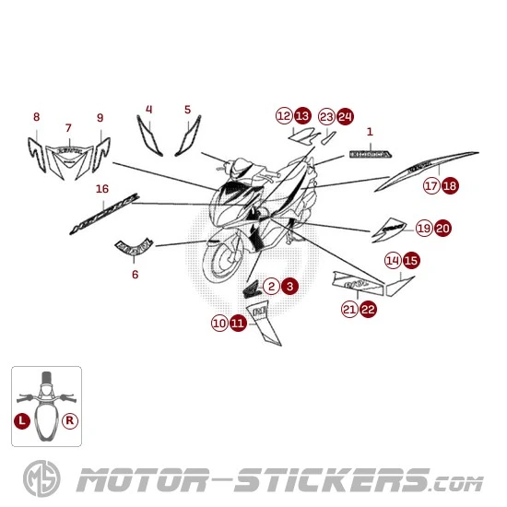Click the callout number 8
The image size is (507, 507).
(36, 117)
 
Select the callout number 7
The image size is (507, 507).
(67, 128)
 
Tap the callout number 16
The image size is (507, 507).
(102, 190)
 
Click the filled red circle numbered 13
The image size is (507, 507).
(302, 116)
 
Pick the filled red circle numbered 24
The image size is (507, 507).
(345, 116)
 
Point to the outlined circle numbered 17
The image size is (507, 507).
(430, 186)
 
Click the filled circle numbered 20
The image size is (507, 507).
(442, 228)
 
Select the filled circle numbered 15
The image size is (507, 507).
(411, 260)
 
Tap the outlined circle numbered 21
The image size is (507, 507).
(349, 310)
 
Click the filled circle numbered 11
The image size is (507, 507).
(238, 324)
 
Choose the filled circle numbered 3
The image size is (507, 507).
(289, 287)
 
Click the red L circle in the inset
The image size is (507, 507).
(21, 419)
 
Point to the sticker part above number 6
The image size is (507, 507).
(134, 245)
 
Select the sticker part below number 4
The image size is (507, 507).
(147, 136)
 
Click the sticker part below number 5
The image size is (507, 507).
(185, 138)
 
